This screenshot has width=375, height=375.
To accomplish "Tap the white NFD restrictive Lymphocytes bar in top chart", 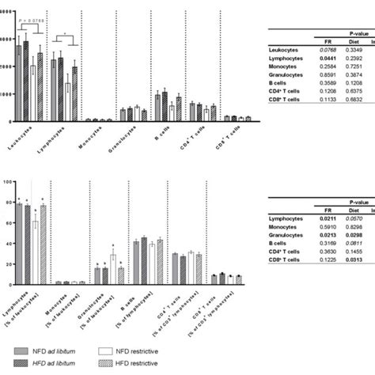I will (x=69, y=101).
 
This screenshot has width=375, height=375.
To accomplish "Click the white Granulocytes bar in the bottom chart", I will (x=114, y=268).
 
